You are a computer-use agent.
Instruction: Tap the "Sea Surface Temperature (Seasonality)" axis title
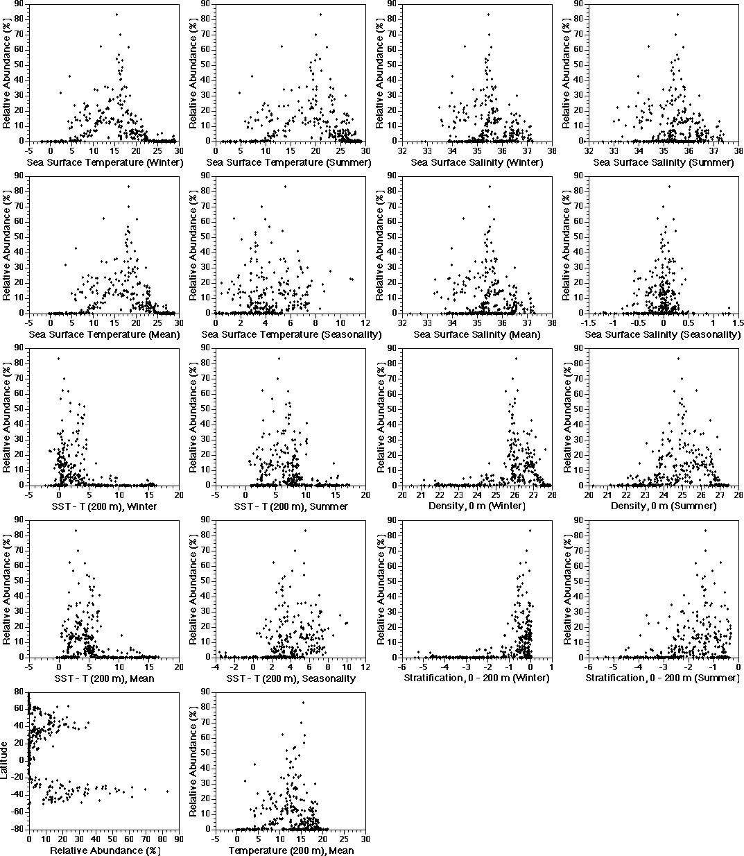[x=291, y=335]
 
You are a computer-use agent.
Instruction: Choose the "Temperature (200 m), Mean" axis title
[x=291, y=850]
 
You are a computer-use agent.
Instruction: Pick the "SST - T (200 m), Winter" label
[x=104, y=506]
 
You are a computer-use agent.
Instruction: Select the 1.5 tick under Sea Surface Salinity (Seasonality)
[x=738, y=324]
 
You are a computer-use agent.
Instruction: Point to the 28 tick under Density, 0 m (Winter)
[x=551, y=495]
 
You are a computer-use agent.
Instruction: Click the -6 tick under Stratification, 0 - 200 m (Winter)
[x=402, y=667]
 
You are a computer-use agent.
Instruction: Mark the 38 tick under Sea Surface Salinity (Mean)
[x=551, y=324]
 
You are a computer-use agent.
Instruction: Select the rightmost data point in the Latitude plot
[x=167, y=791]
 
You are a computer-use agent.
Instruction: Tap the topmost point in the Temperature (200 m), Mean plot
[x=303, y=703]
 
